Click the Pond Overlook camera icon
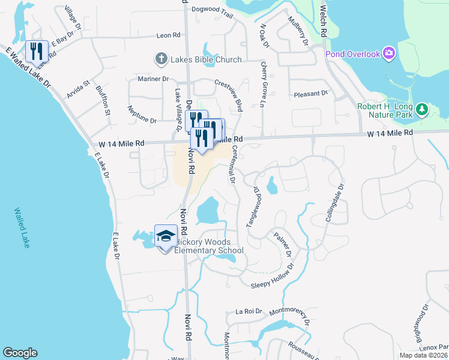pyautogui.click(x=388, y=55)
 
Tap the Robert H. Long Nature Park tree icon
pyautogui.click(x=422, y=109)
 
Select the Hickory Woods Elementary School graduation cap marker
pyautogui.click(x=166, y=236)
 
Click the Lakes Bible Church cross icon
pyautogui.click(x=161, y=59)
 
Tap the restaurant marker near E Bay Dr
pyautogui.click(x=37, y=52)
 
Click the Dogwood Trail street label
pyautogui.click(x=211, y=9)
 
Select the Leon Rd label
pyautogui.click(x=168, y=36)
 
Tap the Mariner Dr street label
pyautogui.click(x=153, y=79)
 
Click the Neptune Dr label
pyautogui.click(x=142, y=112)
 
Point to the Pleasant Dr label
pyautogui.click(x=310, y=94)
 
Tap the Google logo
pyautogui.click(x=20, y=353)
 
